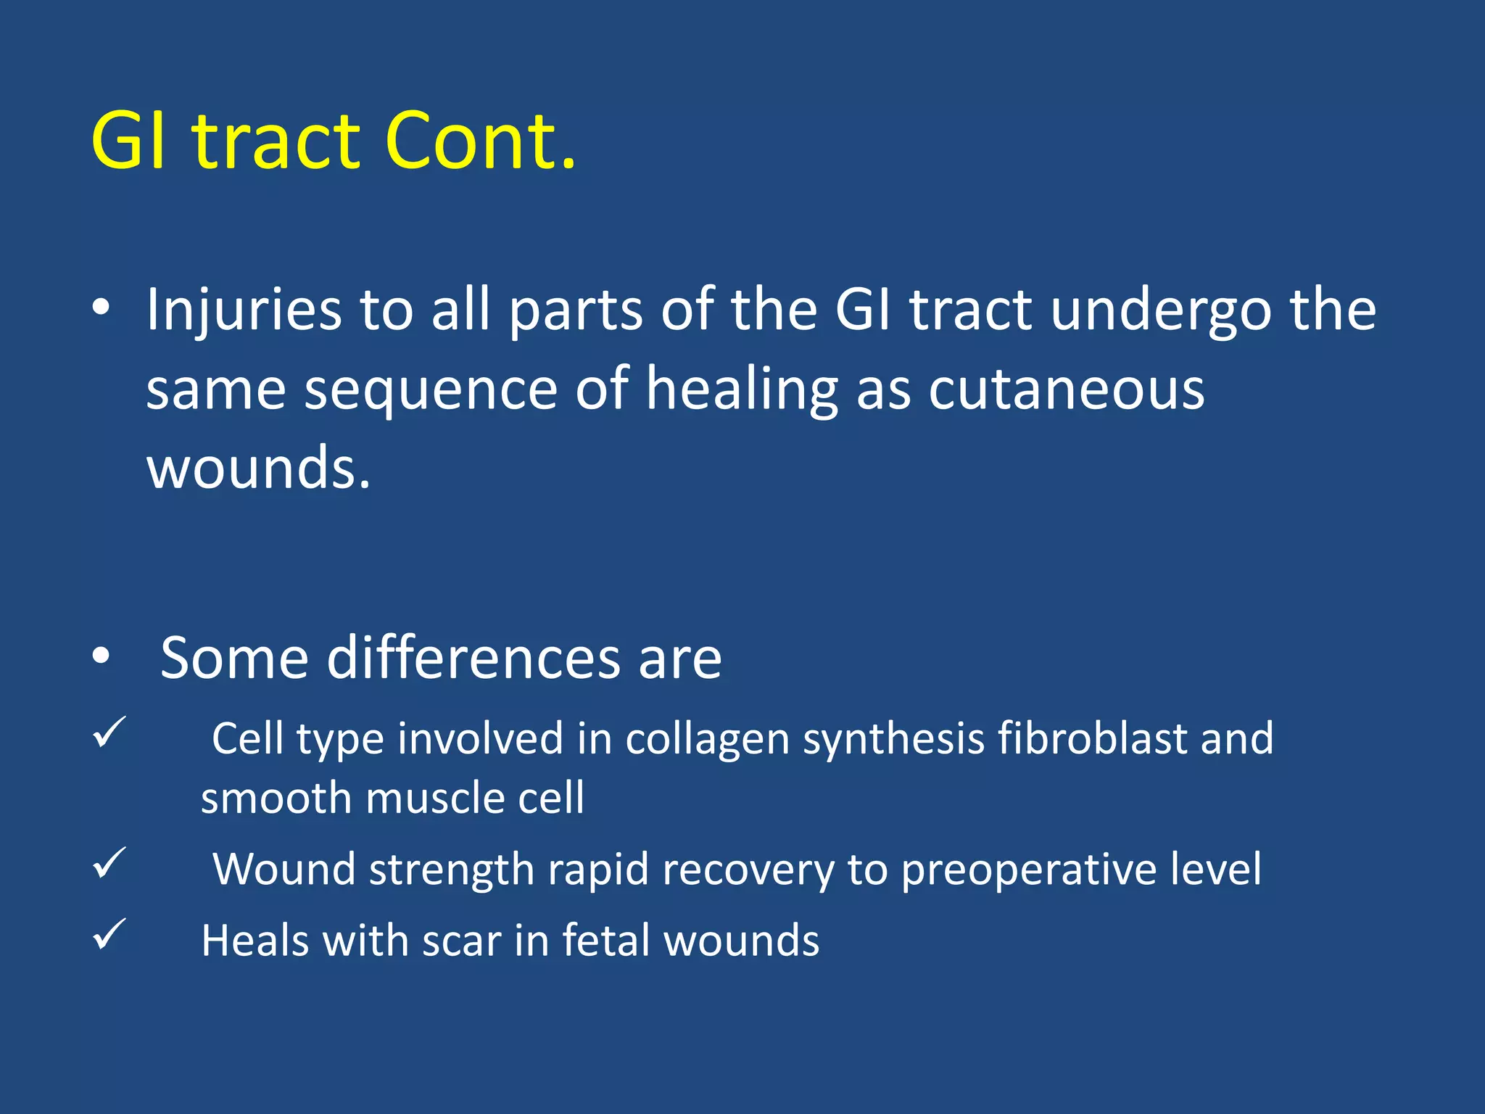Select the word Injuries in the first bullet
click(x=244, y=310)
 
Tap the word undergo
click(x=1161, y=310)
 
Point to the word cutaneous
click(x=1067, y=389)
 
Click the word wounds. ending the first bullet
click(x=258, y=468)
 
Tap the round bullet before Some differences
click(x=101, y=656)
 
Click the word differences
click(x=473, y=658)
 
